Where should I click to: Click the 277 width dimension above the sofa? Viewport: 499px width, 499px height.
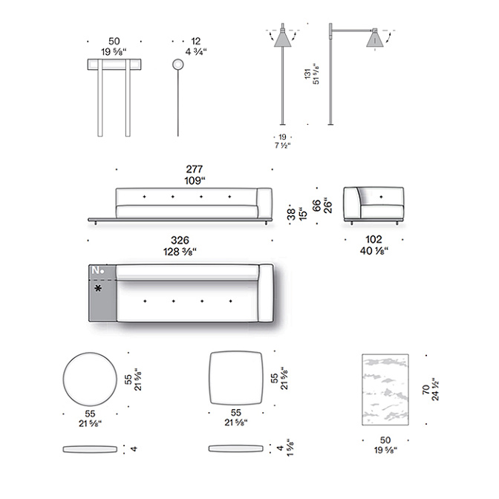click(x=194, y=169)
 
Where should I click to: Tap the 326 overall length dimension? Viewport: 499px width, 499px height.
click(x=180, y=241)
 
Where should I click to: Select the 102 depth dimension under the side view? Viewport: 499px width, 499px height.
click(x=374, y=239)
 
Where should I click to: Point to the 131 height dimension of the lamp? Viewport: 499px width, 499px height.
click(x=307, y=74)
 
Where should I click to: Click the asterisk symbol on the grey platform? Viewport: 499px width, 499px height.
click(x=98, y=289)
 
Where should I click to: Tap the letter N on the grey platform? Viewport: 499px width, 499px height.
click(x=95, y=270)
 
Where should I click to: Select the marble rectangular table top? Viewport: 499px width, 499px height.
click(x=385, y=390)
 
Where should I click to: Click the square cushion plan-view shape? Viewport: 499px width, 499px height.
click(x=236, y=377)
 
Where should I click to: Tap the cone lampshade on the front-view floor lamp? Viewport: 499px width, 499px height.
click(x=282, y=39)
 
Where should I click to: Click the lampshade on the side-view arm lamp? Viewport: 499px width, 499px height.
click(x=375, y=39)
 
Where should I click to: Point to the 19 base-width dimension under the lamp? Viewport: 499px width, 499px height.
click(x=282, y=137)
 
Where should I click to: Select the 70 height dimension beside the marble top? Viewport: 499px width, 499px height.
click(x=426, y=390)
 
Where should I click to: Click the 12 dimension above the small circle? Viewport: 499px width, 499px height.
click(x=196, y=41)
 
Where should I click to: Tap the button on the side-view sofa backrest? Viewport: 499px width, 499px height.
click(x=381, y=197)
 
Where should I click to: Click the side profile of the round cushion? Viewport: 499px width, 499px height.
click(x=90, y=449)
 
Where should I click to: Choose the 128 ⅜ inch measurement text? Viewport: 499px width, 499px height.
click(x=180, y=252)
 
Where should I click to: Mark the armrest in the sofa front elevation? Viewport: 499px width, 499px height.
click(x=264, y=203)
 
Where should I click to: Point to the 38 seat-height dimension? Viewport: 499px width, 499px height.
click(x=292, y=214)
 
